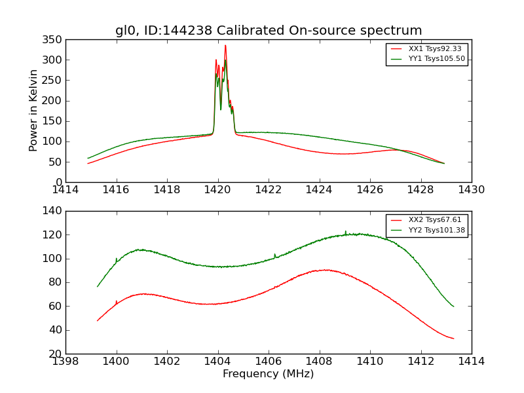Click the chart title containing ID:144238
point(269,31)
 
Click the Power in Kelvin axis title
point(33,111)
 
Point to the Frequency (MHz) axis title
point(269,374)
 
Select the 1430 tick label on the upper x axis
point(471,190)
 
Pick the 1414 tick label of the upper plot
point(66,190)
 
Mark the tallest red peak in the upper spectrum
point(225,46)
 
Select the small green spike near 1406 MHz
point(274,254)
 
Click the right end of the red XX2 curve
point(453,339)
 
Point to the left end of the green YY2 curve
point(98,286)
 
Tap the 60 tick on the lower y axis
point(56,306)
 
